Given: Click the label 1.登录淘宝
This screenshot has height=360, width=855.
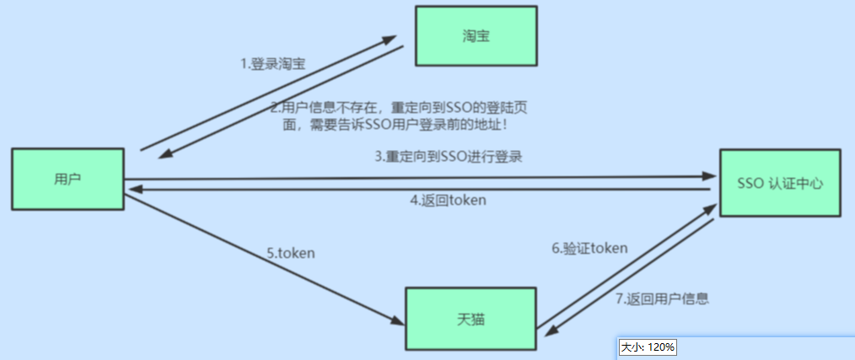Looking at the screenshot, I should point(275,64).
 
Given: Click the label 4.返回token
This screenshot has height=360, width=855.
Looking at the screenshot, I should point(448,201).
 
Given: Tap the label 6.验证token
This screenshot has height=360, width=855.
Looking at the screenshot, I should point(590,248).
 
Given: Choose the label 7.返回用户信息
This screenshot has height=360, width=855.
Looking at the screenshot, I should point(661,298).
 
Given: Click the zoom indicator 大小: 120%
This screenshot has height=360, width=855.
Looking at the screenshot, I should point(648,347).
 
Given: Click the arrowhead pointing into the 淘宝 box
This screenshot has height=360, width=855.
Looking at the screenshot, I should point(389,40).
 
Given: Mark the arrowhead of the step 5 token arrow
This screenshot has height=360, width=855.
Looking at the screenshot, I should point(395,320).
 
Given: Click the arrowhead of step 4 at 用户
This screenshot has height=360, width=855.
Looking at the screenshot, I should point(132,191).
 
